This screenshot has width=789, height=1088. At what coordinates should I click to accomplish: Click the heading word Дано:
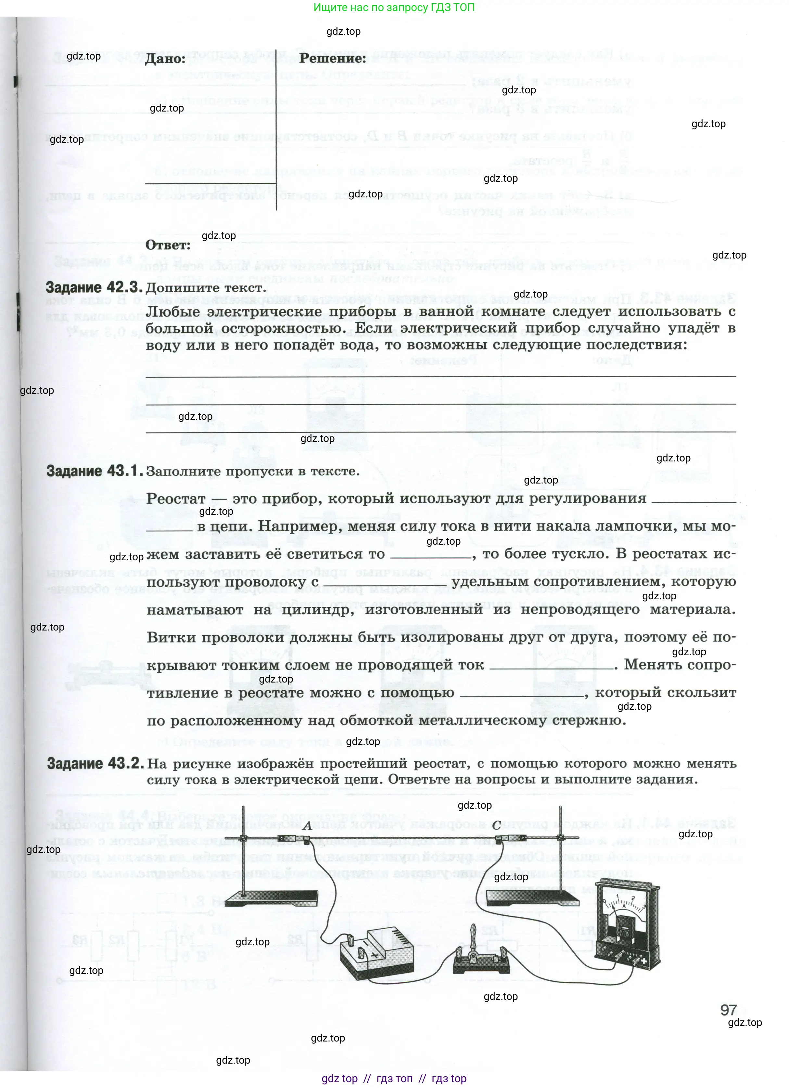[165, 59]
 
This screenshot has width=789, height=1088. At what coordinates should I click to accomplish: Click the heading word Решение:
[332, 58]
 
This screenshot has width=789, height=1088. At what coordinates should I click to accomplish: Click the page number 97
[728, 1010]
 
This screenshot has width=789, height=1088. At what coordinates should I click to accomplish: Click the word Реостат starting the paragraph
[176, 498]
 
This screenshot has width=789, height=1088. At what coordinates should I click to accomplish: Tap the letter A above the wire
[308, 826]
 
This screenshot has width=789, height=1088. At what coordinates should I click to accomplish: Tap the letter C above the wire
[497, 825]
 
